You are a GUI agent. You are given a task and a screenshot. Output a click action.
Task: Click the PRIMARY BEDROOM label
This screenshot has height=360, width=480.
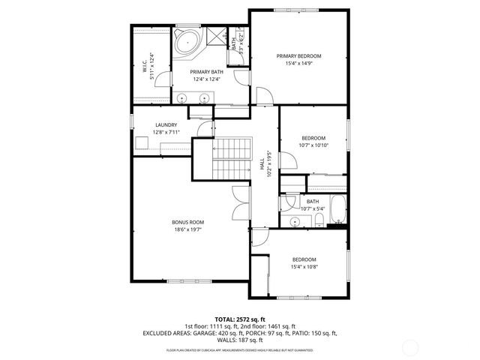coord(298,56)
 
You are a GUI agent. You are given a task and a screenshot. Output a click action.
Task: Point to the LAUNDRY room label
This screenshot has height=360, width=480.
coord(166,125)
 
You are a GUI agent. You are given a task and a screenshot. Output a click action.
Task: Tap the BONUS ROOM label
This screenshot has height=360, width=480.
coord(187,222)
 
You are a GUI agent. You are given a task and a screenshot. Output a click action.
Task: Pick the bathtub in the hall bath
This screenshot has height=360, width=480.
coord(339,212)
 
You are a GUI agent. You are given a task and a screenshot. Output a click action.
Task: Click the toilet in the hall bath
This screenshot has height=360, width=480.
coord(319,219)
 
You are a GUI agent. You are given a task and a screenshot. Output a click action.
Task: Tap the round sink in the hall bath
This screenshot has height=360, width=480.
coord(295,221)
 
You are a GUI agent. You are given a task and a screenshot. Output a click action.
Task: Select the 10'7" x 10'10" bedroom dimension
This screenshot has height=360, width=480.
coord(313,145)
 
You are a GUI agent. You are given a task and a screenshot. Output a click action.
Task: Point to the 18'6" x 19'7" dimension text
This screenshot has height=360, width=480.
coord(187,229)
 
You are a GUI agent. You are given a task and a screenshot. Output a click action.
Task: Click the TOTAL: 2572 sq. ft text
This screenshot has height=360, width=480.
coord(240,319)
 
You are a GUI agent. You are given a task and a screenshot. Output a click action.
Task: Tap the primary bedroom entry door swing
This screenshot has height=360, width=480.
coord(263,95)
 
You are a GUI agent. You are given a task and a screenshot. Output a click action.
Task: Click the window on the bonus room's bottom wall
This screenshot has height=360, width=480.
coord(187,281)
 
